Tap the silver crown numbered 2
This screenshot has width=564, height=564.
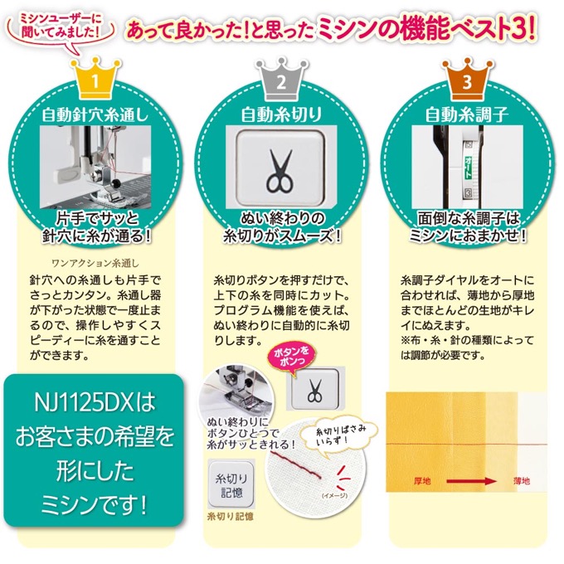[x=281, y=79]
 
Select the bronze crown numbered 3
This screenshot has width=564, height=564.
[x=467, y=79]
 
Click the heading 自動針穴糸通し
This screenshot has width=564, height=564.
[x=95, y=115]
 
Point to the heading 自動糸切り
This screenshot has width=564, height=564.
[x=281, y=114]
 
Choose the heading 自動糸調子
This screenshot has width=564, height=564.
[x=467, y=114]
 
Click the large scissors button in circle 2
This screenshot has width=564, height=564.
[x=280, y=167]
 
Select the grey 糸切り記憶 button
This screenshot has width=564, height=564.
[x=231, y=484]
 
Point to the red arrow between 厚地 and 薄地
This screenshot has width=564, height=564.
[x=471, y=481]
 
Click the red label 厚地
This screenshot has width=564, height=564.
[x=422, y=481]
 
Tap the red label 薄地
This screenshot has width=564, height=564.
[x=522, y=481]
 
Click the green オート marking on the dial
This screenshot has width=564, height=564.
[x=468, y=167]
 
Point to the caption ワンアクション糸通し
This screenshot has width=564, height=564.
[x=95, y=263]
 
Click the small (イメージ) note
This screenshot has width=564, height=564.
[x=334, y=495]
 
